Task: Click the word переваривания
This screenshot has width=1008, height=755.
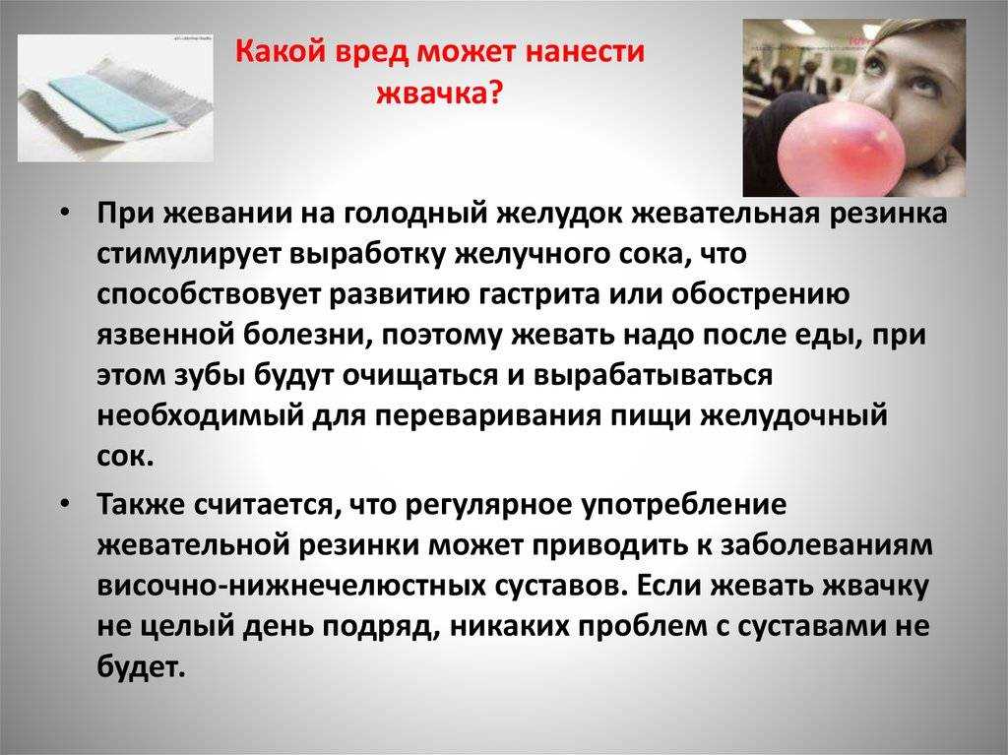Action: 488,416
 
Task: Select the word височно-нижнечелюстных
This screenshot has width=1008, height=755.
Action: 291,586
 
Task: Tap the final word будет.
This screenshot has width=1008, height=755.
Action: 142,666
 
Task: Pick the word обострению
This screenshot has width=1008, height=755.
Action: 761,294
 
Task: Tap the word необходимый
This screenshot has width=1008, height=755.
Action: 200,416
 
